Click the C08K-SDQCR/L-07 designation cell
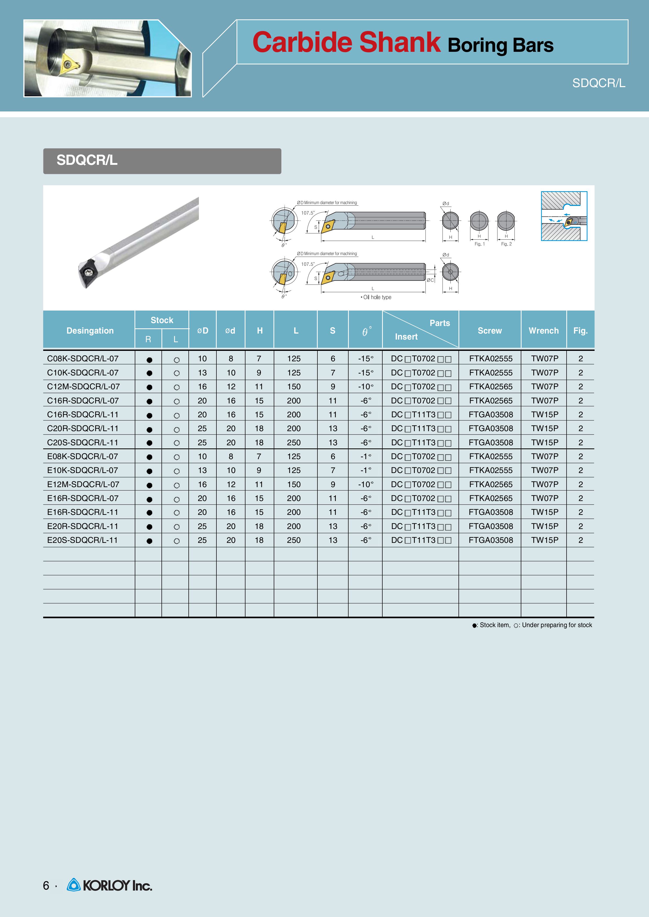pyautogui.click(x=83, y=358)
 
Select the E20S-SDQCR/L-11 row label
pyautogui.click(x=82, y=540)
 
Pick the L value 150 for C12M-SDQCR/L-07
pyautogui.click(x=294, y=387)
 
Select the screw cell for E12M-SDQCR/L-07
pyautogui.click(x=491, y=484)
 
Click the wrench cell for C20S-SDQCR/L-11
pyautogui.click(x=545, y=442)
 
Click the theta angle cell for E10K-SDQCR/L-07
pyautogui.click(x=366, y=470)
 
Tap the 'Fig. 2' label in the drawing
pyautogui.click(x=506, y=244)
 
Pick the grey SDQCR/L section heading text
pyautogui.click(x=87, y=160)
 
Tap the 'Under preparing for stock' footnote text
pyautogui.click(x=557, y=625)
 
